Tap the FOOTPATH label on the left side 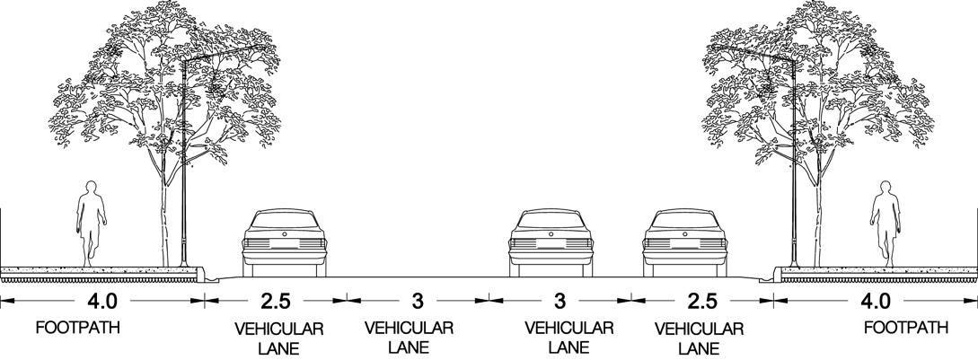(x=77, y=329)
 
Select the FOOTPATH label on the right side (x=906, y=329)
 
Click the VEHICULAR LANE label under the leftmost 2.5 (x=278, y=338)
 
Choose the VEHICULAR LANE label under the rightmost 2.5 (x=700, y=338)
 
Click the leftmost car (x=285, y=242)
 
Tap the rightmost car (x=687, y=242)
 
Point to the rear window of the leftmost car (x=285, y=220)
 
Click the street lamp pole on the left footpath (x=183, y=180)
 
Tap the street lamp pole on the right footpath (x=794, y=180)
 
